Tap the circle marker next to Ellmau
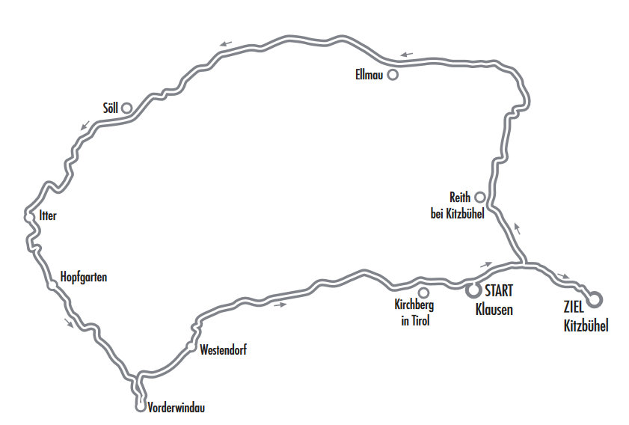[392, 75]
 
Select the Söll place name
[111, 108]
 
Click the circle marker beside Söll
[127, 108]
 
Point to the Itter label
[47, 216]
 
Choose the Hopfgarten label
[84, 278]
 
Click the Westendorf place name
[223, 349]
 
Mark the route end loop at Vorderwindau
[140, 407]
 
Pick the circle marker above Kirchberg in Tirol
[423, 293]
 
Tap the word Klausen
[494, 309]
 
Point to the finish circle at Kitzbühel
[595, 299]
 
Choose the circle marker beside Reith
[480, 197]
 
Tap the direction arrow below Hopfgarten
[70, 324]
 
